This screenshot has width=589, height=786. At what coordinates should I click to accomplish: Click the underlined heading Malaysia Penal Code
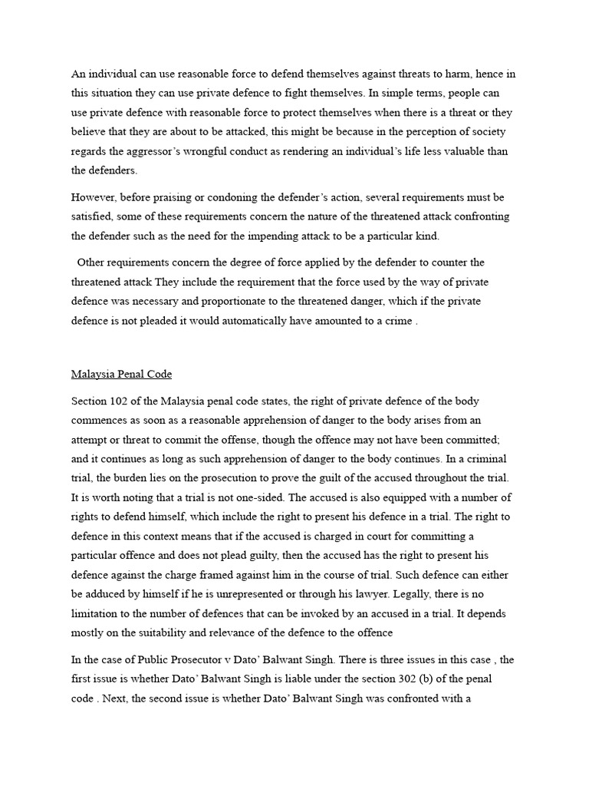(121, 375)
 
